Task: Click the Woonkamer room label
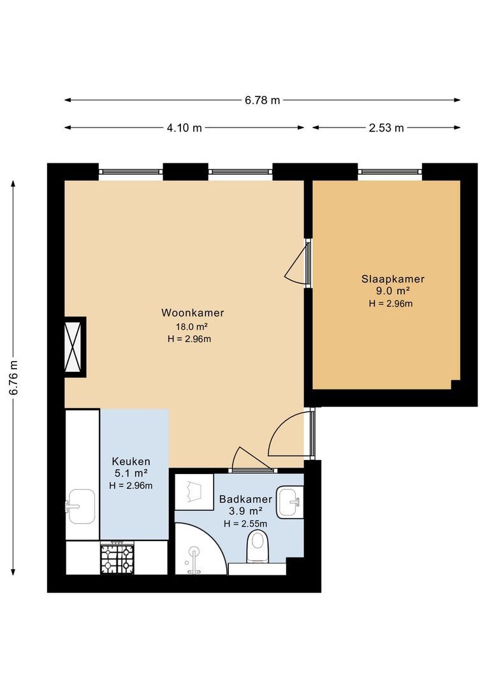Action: (193, 313)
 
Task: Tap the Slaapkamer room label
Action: (393, 279)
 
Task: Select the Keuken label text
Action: (131, 461)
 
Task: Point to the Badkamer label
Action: (245, 499)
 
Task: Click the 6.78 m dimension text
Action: (262, 100)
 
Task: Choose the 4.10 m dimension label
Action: (184, 128)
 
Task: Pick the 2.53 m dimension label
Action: (386, 128)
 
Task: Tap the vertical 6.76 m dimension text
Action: (13, 378)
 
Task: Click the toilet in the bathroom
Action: (258, 545)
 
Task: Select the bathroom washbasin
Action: (290, 501)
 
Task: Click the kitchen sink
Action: (82, 506)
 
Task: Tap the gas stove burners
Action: (117, 558)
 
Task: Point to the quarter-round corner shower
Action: (200, 549)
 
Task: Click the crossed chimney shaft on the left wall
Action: (73, 346)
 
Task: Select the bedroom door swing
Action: (297, 263)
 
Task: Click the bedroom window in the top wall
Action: (390, 172)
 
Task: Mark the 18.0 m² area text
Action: (192, 327)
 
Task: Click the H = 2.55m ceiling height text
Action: (245, 524)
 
